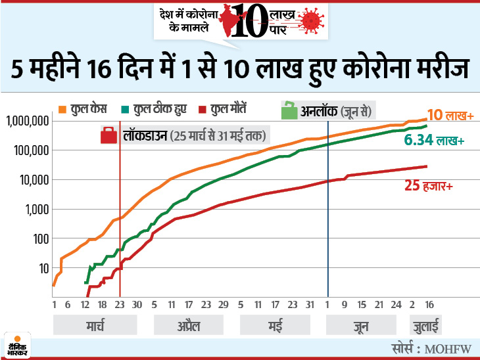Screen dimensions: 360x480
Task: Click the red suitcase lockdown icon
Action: [109, 136]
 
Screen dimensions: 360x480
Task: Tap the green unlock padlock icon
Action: [288, 110]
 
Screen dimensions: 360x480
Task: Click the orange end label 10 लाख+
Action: [451, 116]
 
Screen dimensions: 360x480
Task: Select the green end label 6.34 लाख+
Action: [433, 141]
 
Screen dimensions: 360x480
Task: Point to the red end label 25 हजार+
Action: [428, 187]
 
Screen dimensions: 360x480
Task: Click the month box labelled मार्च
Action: [96, 326]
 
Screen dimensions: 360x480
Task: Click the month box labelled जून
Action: [360, 326]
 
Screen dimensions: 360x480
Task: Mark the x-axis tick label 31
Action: [310, 305]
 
